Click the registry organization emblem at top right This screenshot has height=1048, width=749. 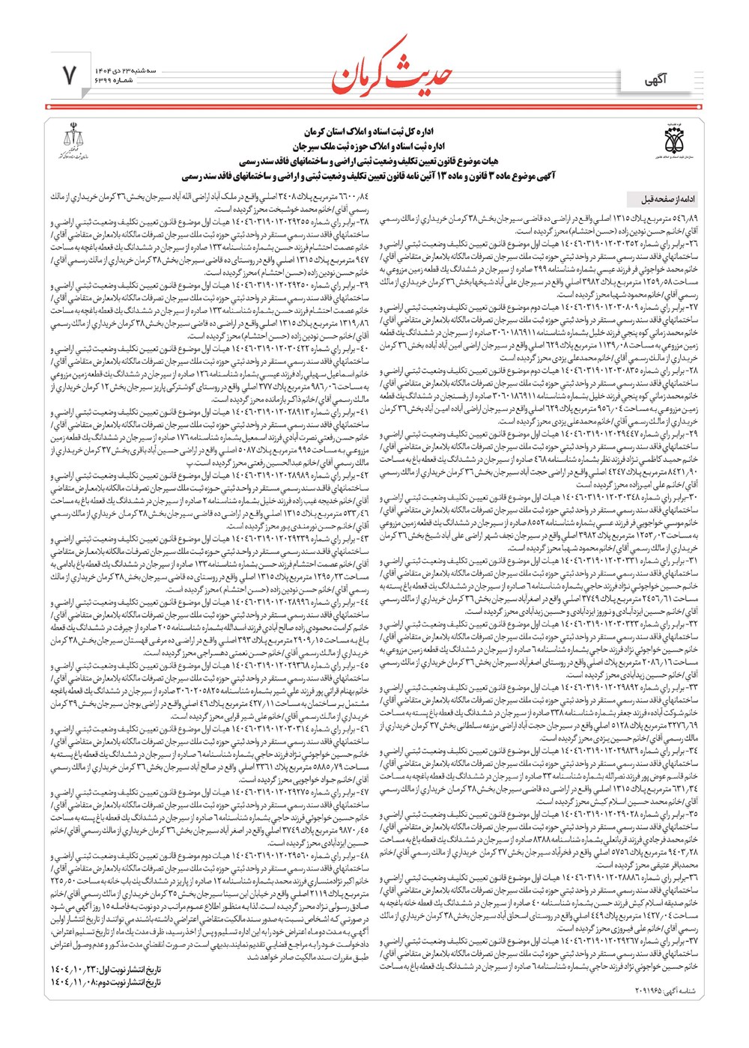coord(673,141)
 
